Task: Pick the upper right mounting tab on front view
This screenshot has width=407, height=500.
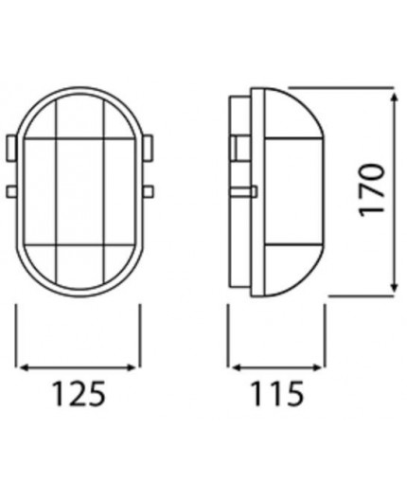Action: point(150,148)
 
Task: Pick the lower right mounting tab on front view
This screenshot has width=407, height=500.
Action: point(150,192)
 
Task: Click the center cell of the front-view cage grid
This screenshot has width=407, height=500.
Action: point(80,189)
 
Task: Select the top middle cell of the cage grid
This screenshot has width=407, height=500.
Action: point(80,118)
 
